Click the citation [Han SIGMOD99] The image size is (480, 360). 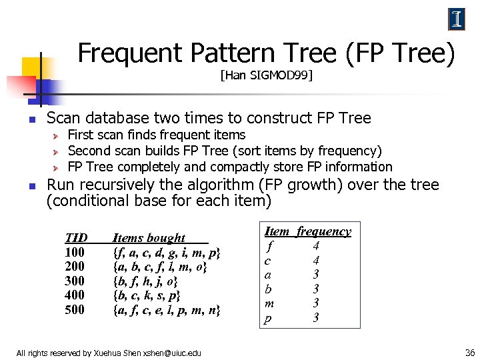click(x=267, y=76)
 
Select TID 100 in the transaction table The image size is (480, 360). click(x=75, y=253)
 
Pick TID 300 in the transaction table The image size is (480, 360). click(x=75, y=281)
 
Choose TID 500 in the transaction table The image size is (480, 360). click(x=75, y=309)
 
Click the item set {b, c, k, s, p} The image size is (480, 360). click(x=147, y=295)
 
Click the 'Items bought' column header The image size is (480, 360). click(x=149, y=238)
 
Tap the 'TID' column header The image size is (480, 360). click(x=76, y=238)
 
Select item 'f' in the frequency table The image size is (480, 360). click(x=269, y=246)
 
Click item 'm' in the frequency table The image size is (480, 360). click(x=269, y=304)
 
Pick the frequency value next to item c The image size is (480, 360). click(x=317, y=260)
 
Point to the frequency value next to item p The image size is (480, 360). click(x=317, y=318)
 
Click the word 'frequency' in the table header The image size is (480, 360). click(x=324, y=231)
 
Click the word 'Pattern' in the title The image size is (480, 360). click(x=221, y=53)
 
